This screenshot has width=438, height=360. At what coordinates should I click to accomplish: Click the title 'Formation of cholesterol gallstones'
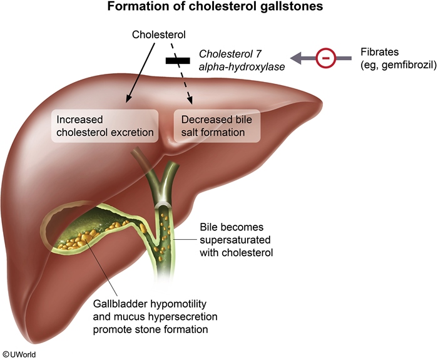pos(218,8)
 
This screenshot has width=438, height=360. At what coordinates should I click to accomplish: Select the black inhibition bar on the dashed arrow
pos(178,61)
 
